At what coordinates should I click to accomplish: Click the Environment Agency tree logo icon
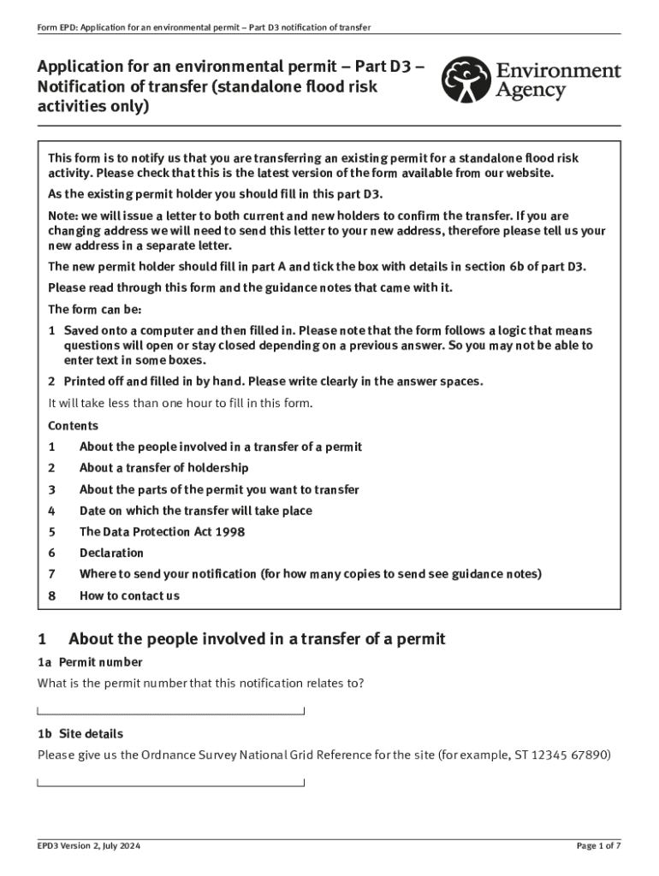pos(466,80)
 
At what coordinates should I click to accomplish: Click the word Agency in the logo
pos(531,91)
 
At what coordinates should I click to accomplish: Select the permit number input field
pos(171,708)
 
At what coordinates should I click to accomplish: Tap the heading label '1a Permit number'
pos(90,662)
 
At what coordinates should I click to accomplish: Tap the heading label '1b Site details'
pos(80,734)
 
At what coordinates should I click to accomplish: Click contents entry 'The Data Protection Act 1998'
pos(162,532)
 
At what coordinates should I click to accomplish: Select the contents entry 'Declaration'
pos(111,553)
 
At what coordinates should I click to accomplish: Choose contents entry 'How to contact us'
pos(129,596)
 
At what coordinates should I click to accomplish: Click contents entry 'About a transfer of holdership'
pos(163,468)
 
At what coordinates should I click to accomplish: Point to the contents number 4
pos(51,511)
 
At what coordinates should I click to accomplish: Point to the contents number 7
pos(51,575)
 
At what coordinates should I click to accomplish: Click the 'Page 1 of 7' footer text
pos(598,846)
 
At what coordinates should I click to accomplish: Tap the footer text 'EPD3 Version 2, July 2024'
pos(89,846)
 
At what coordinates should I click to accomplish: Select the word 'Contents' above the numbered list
pos(73,426)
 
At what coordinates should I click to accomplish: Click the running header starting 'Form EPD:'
pos(204,27)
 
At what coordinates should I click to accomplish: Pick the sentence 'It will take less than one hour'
pos(181,404)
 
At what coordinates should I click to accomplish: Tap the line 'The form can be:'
pos(94,310)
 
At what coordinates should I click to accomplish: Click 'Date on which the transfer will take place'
pos(195,511)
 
